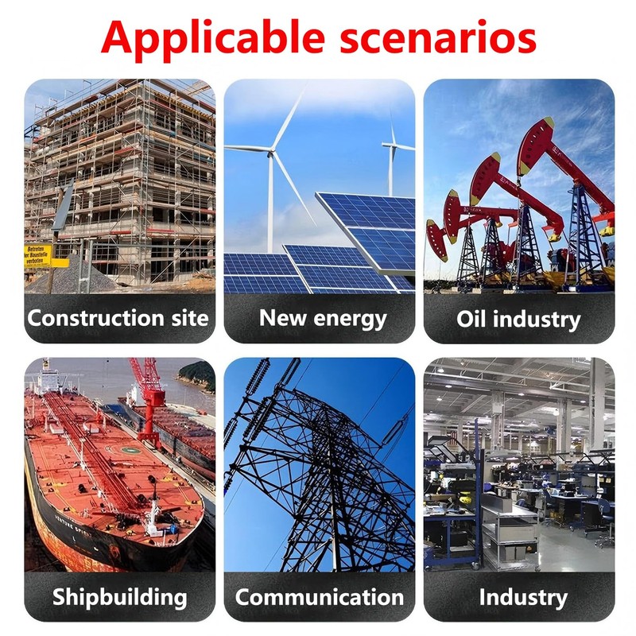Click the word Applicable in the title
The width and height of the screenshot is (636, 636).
[x=213, y=38]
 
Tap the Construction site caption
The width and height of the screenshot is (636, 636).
[x=118, y=317]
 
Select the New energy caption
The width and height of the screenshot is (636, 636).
[x=323, y=319]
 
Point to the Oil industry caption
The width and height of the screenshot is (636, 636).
[x=519, y=320]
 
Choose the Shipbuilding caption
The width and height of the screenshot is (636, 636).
[x=120, y=598]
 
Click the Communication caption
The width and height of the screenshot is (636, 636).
[x=320, y=598]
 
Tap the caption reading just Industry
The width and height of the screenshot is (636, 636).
[x=523, y=598]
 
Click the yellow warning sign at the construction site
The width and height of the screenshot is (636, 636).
[x=38, y=255]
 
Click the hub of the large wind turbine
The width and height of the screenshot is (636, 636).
[x=271, y=152]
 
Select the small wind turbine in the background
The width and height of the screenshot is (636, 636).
[x=393, y=158]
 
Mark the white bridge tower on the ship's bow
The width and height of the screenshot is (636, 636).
[x=153, y=515]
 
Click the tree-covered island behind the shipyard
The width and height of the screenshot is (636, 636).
[x=197, y=375]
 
